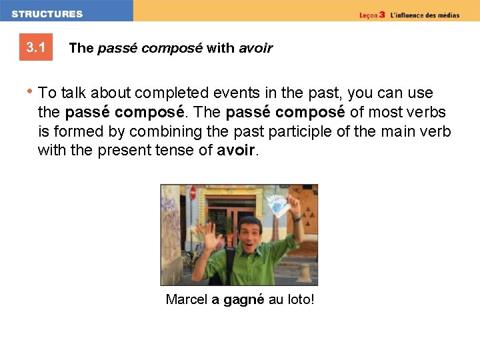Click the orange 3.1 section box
35,47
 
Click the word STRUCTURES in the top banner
47,14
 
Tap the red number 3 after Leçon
382,15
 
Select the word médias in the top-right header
447,15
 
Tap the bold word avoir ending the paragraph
236,151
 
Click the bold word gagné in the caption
243,300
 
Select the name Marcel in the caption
187,300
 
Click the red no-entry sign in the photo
193,193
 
